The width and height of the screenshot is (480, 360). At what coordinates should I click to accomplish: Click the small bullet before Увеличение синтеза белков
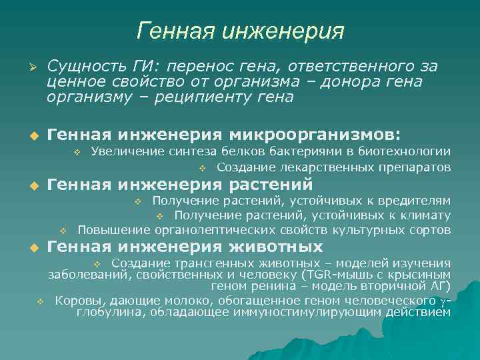coord(77,153)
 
